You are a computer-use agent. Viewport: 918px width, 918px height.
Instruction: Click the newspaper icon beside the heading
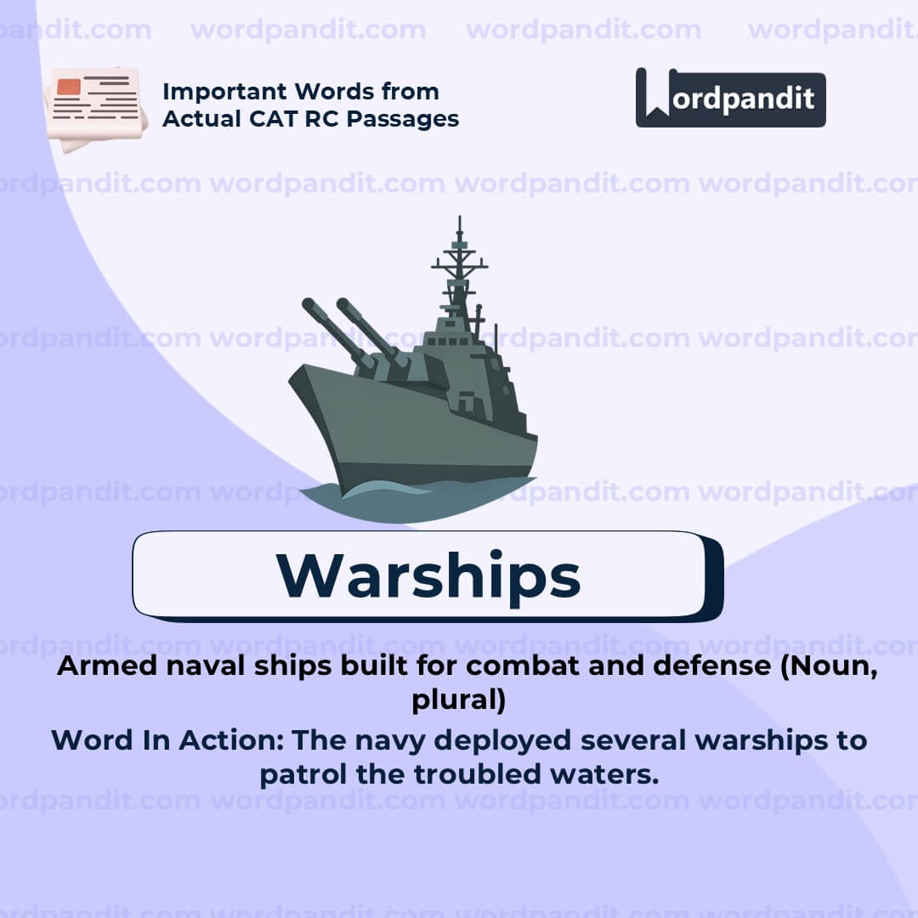point(95,108)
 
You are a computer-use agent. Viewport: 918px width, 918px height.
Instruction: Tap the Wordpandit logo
point(730,99)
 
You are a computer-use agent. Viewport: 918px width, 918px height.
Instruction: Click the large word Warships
point(428,575)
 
